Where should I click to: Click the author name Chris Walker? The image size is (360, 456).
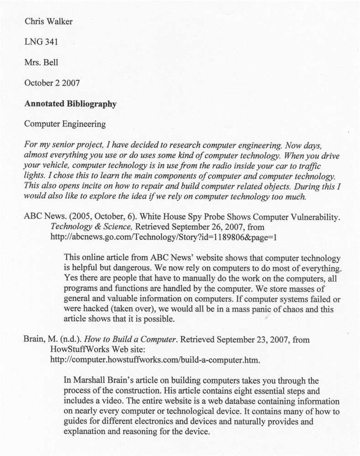click(x=48, y=21)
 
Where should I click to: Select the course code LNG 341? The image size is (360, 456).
click(x=41, y=42)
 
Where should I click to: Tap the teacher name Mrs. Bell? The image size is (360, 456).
click(x=41, y=62)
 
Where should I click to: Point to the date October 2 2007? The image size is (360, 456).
click(x=52, y=83)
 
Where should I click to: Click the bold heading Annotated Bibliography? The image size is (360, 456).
click(x=70, y=104)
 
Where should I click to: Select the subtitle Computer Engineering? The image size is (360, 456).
click(x=65, y=124)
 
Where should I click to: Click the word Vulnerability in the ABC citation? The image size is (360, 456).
click(x=315, y=217)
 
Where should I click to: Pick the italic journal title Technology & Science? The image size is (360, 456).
click(x=85, y=227)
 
